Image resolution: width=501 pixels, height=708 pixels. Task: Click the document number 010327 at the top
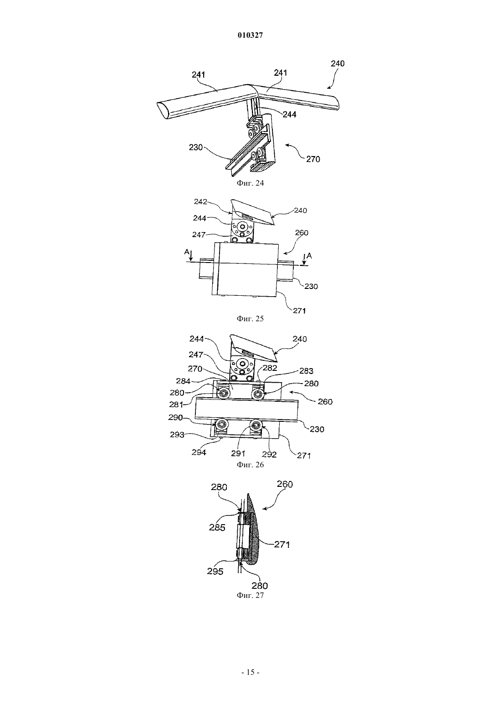click(250, 35)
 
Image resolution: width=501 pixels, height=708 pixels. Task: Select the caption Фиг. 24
click(250, 183)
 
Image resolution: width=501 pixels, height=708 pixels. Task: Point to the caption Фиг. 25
click(250, 319)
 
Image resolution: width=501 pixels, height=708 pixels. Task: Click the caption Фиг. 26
click(250, 465)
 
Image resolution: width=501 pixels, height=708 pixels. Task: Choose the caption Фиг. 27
click(250, 595)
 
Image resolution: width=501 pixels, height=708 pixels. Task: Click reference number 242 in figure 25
click(200, 202)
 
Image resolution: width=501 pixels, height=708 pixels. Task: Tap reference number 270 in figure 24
click(313, 159)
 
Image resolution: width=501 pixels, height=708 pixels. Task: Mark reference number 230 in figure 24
click(195, 147)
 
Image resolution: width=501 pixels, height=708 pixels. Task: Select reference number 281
click(177, 404)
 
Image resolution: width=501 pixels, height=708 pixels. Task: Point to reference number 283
click(306, 371)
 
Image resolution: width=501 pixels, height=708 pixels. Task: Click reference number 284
click(184, 381)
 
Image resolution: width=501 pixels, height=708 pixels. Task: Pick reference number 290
click(175, 418)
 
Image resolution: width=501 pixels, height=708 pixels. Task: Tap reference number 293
click(177, 435)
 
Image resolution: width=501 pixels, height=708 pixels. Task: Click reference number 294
click(199, 452)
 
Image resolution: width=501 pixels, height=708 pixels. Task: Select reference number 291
click(238, 454)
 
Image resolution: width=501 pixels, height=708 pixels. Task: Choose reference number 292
click(270, 455)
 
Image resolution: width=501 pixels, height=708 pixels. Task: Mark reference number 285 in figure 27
click(217, 527)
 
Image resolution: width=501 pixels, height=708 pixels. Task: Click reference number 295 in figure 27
click(215, 571)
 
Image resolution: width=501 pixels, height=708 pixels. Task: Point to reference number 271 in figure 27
click(282, 544)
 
